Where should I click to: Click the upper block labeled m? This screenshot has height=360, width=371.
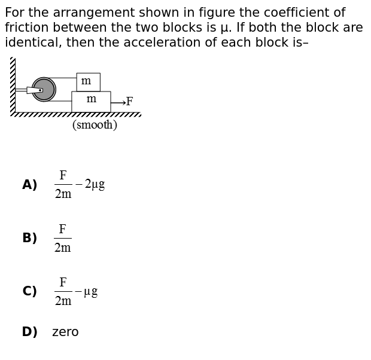tap(88, 82)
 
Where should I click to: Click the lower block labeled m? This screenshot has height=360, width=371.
tap(91, 102)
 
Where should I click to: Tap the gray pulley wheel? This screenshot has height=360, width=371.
tap(44, 90)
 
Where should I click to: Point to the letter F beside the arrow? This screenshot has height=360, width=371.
tap(130, 101)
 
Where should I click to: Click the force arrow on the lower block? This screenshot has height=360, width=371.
tap(118, 103)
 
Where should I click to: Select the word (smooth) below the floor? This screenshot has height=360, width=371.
tap(95, 124)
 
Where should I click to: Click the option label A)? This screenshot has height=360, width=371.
tap(30, 185)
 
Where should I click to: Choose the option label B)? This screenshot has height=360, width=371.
tap(30, 238)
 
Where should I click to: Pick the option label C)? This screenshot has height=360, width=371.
tap(30, 291)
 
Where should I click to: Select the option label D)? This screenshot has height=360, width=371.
tap(30, 332)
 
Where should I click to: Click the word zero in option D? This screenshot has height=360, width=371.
tap(65, 332)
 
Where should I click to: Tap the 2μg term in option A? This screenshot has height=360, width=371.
tap(95, 185)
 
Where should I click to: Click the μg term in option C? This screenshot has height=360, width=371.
tap(91, 292)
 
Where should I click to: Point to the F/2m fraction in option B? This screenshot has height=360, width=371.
tap(63, 238)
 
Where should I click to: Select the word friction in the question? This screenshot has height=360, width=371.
tap(26, 28)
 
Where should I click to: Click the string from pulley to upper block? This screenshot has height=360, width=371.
tap(63, 78)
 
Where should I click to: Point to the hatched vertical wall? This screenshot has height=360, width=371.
tap(13, 85)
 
